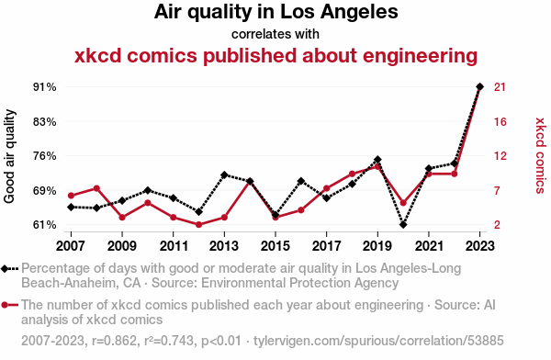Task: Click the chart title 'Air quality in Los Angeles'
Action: tap(275, 12)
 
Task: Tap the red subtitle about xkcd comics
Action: tap(275, 56)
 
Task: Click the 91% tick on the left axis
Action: tap(45, 87)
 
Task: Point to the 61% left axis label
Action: tap(45, 225)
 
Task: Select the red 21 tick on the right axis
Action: tap(500, 87)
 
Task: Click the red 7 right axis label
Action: tap(497, 190)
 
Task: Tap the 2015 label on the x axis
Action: tap(275, 246)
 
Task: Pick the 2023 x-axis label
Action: tap(479, 246)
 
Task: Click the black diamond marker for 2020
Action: tap(403, 224)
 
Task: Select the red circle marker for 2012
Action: tap(198, 224)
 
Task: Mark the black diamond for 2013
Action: tap(224, 174)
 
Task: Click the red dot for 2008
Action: tap(96, 188)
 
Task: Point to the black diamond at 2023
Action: tap(479, 86)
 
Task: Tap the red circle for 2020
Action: tap(403, 203)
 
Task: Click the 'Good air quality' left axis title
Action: tap(9, 156)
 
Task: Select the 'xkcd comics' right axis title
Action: tap(540, 155)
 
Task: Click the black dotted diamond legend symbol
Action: tap(9, 269)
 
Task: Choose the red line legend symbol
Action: tap(9, 305)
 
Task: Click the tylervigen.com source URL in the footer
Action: tap(378, 341)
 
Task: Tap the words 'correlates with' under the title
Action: tap(275, 34)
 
